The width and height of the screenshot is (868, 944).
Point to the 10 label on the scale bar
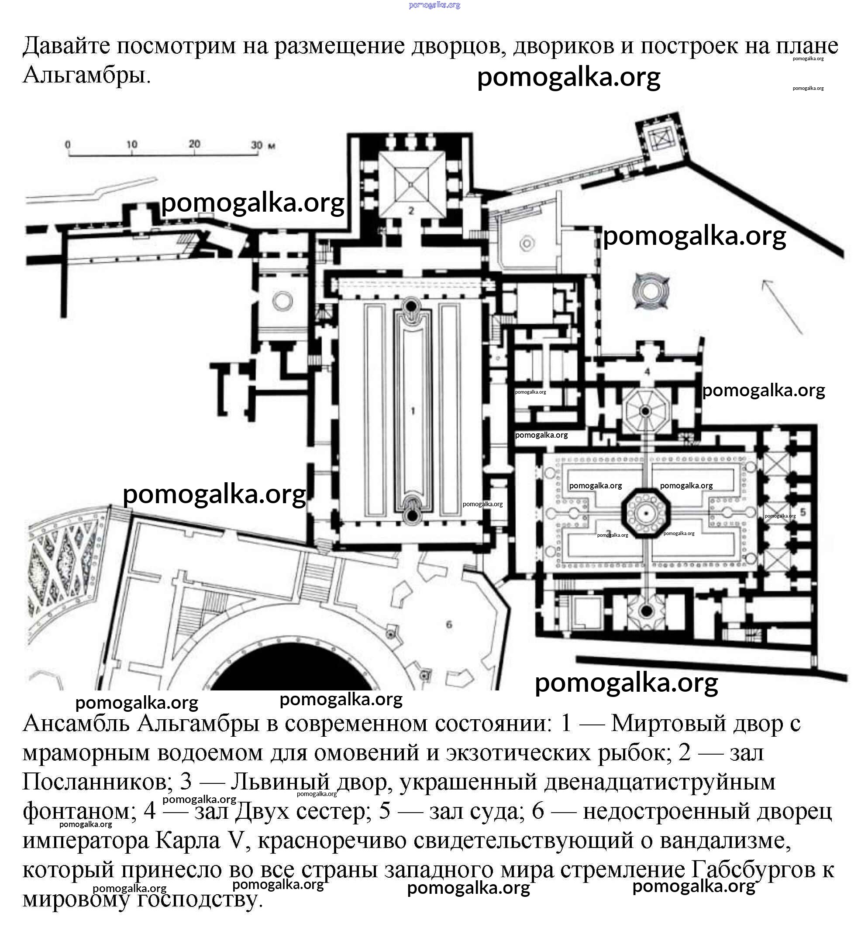(131, 144)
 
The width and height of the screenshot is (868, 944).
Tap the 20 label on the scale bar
(194, 144)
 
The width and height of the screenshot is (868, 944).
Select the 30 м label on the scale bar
(262, 145)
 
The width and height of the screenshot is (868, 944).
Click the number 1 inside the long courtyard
(413, 411)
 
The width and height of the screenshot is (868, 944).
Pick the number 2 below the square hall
(411, 211)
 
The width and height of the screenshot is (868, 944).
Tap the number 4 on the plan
(647, 371)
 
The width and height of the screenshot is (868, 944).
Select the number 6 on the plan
(449, 625)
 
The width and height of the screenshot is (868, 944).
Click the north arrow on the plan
(782, 306)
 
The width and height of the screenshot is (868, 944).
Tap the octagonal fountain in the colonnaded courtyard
(646, 513)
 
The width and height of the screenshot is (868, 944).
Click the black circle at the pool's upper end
(411, 306)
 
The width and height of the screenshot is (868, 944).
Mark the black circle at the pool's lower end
(413, 516)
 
